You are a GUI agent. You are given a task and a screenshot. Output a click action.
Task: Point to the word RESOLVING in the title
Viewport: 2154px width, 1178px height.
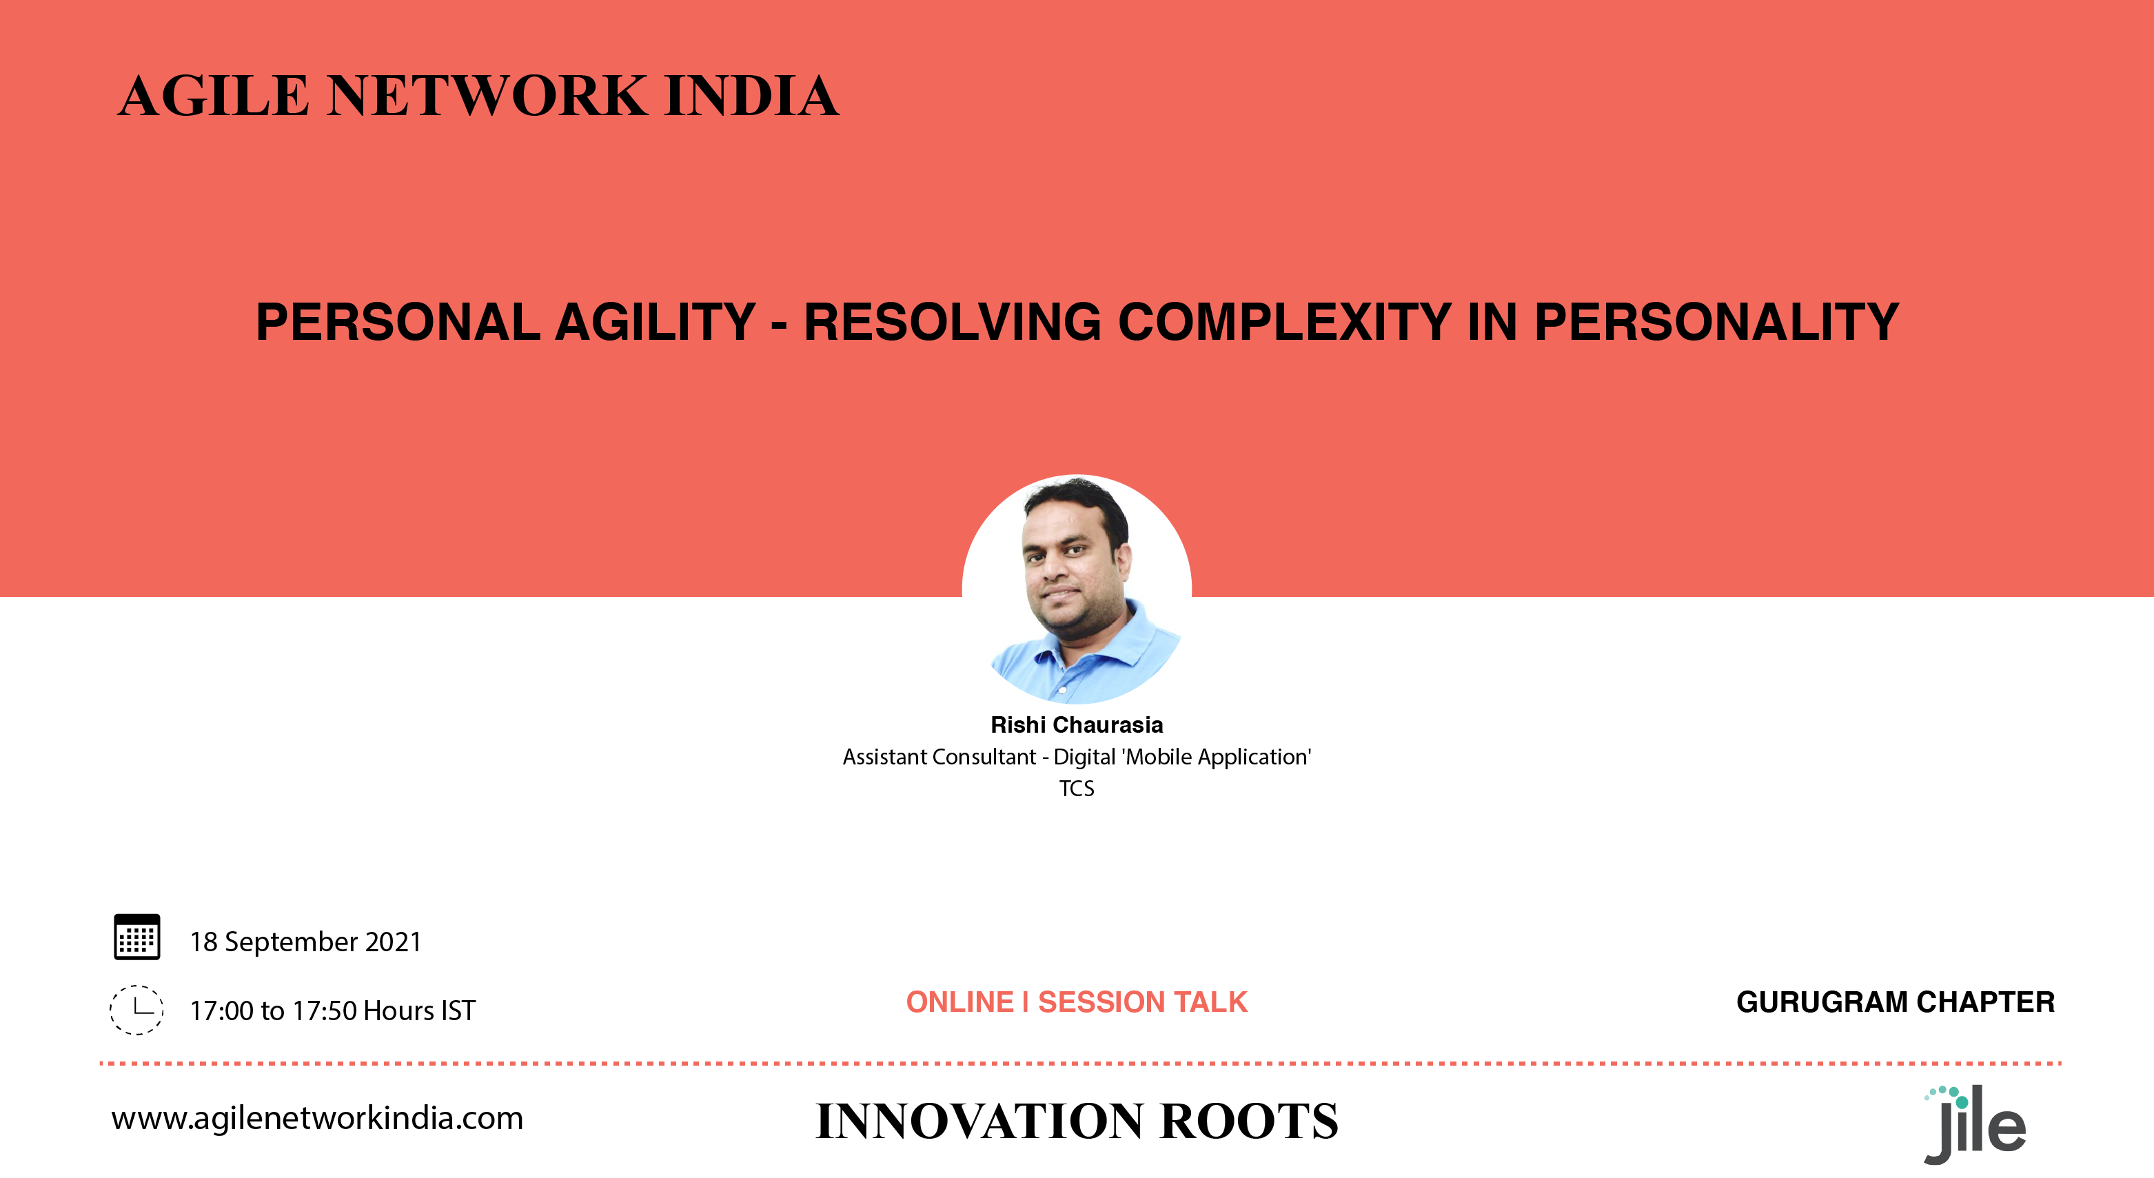[x=953, y=322]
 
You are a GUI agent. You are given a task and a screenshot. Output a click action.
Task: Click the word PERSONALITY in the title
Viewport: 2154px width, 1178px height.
[x=1717, y=322]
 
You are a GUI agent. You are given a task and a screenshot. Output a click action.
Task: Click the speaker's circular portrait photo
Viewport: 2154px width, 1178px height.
[x=1077, y=589]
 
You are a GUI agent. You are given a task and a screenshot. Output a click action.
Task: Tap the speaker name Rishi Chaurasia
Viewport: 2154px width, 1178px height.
[x=1077, y=725]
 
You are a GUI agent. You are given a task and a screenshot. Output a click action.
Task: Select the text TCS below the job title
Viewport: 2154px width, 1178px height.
[x=1077, y=789]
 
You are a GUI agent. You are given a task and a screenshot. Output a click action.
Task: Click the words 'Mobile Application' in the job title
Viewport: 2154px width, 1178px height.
[x=1216, y=757]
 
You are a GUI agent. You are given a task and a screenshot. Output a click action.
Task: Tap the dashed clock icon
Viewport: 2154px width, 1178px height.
[x=137, y=1010]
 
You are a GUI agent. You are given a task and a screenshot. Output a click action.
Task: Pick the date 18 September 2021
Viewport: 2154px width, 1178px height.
[x=306, y=942]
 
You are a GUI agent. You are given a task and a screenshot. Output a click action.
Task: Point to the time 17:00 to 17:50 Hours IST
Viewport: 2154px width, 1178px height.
[x=333, y=1011]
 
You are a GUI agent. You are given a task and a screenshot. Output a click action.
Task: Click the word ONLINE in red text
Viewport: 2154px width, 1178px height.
[x=960, y=1002]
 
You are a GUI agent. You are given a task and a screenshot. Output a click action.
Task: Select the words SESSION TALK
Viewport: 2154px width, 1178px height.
[x=1143, y=1002]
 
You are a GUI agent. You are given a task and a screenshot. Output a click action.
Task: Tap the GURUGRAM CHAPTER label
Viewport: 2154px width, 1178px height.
[x=1896, y=1002]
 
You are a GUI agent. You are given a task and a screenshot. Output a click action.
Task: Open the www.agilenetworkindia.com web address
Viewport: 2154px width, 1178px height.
[x=318, y=1119]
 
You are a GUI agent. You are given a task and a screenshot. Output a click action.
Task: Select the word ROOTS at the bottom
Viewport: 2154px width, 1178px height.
[x=1250, y=1121]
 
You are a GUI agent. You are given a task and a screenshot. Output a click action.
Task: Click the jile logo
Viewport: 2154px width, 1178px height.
[x=1975, y=1124]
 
